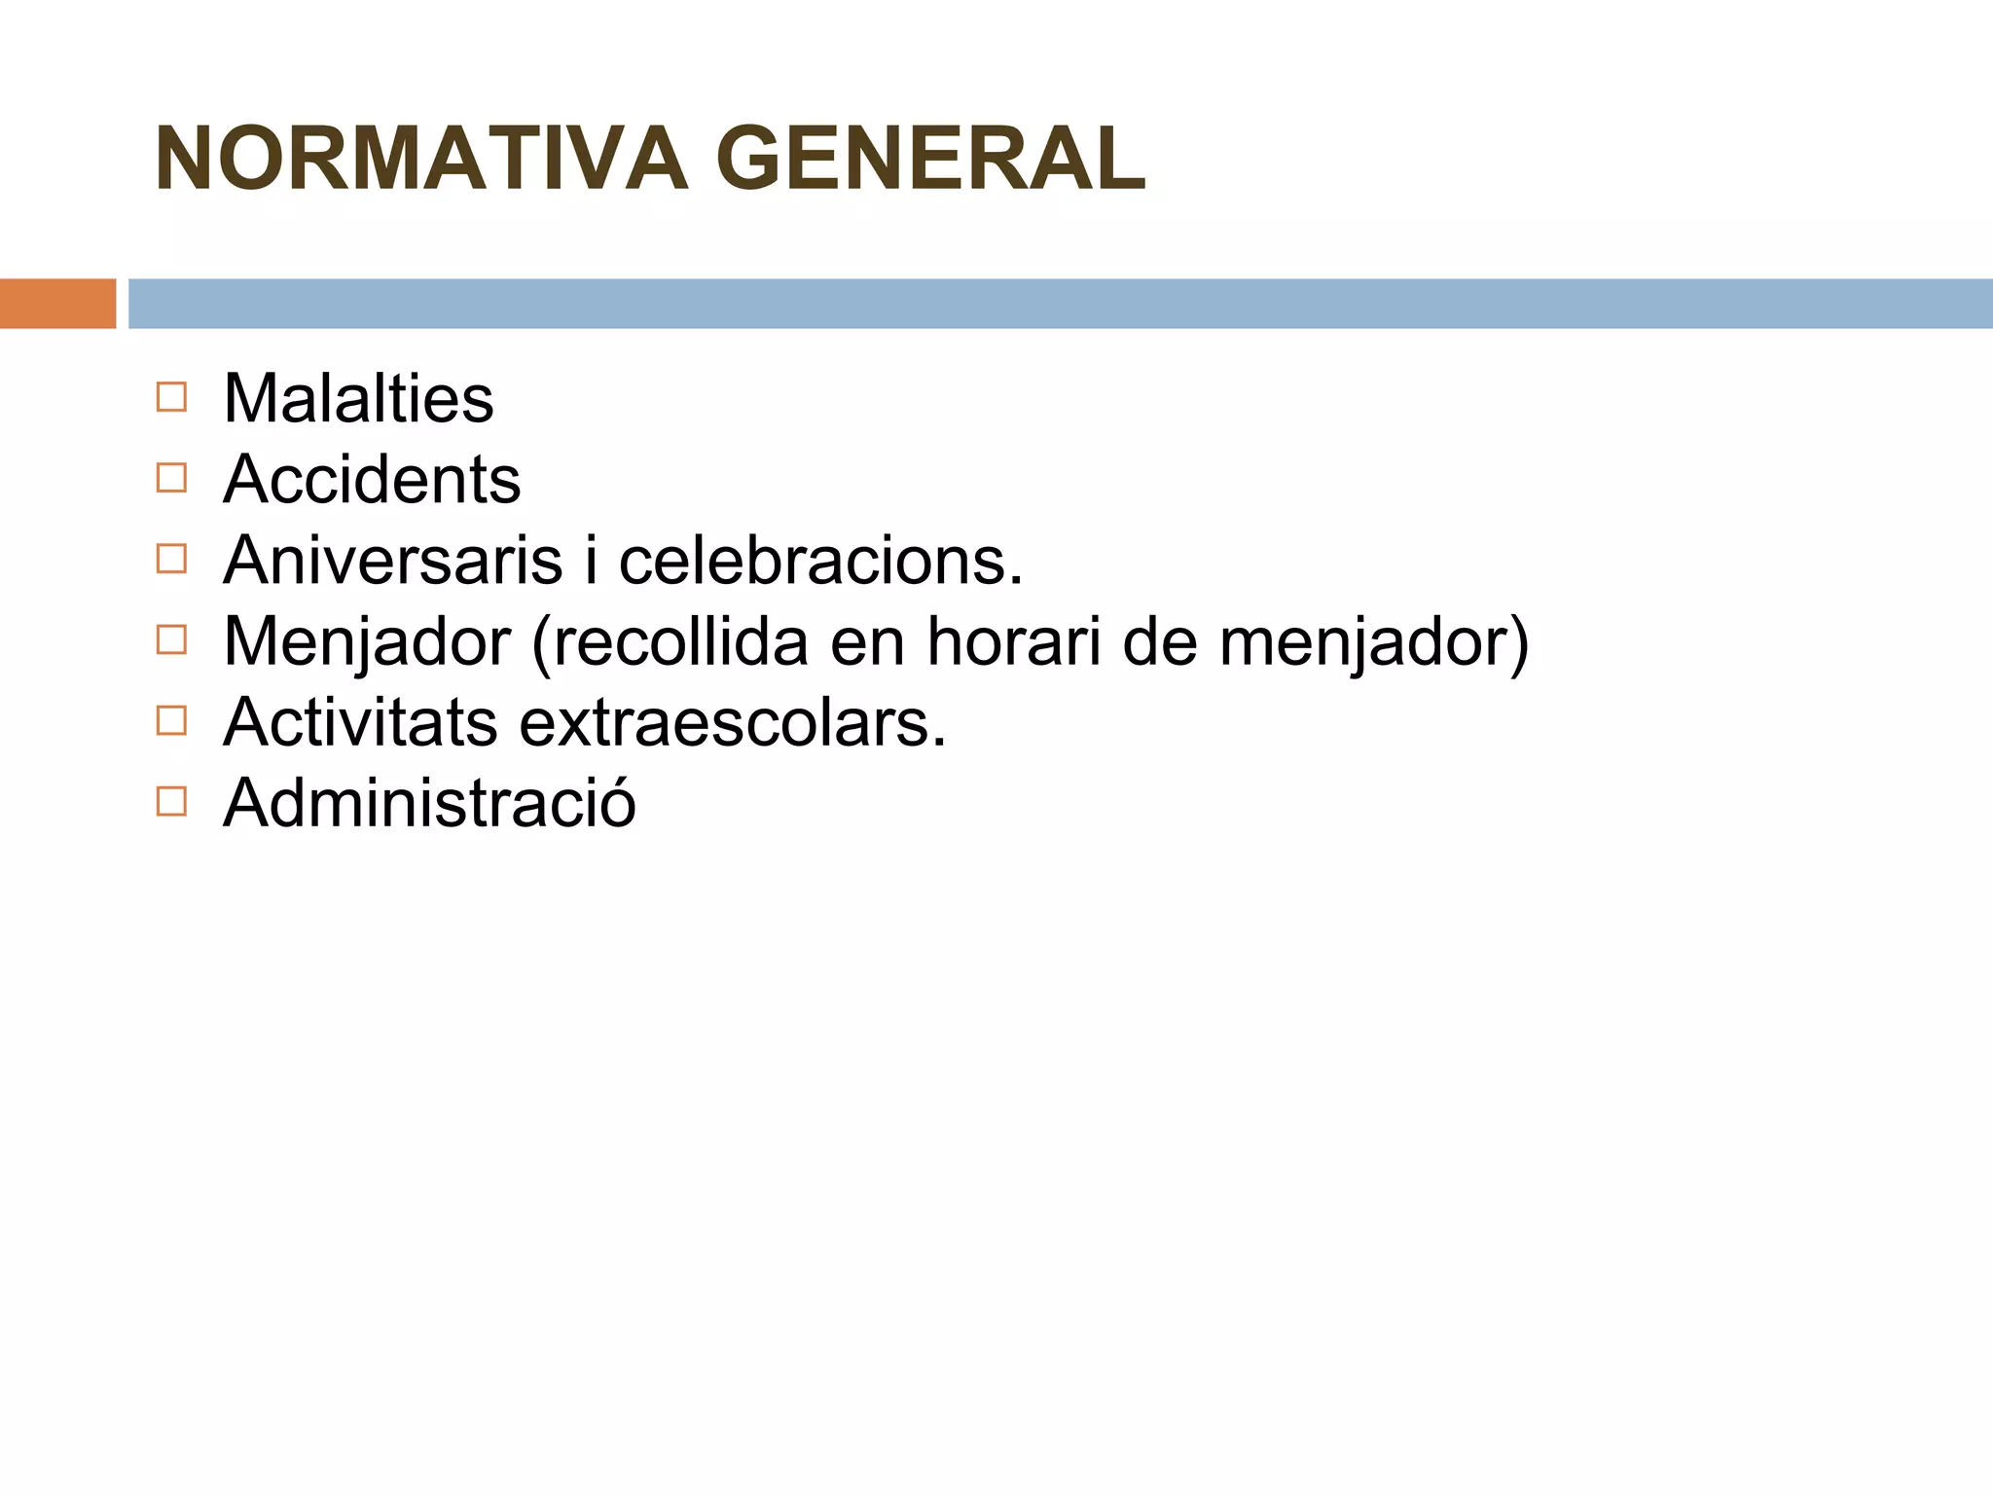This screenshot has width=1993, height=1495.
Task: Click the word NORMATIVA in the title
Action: pos(420,159)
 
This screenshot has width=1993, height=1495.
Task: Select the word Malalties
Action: pos(358,398)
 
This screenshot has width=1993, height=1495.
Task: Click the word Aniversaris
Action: pos(393,561)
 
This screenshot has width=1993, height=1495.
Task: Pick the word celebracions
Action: pos(820,561)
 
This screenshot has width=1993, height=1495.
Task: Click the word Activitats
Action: pos(360,722)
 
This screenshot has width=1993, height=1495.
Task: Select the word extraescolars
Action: pos(732,722)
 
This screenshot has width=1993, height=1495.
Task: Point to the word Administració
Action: pos(429,803)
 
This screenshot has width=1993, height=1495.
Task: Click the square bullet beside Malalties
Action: pos(170,397)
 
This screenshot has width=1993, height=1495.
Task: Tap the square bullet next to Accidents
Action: pos(170,478)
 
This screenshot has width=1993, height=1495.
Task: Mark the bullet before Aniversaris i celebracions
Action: pos(170,559)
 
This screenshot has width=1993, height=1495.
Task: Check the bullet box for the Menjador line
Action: pos(170,639)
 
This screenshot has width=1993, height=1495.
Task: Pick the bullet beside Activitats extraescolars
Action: pos(170,720)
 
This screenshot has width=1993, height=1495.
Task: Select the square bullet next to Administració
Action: pos(170,801)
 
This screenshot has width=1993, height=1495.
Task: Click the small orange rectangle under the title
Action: pos(57,304)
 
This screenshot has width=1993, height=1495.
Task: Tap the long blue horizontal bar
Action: pos(1060,304)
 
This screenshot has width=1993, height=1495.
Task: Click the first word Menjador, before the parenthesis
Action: pos(367,643)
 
